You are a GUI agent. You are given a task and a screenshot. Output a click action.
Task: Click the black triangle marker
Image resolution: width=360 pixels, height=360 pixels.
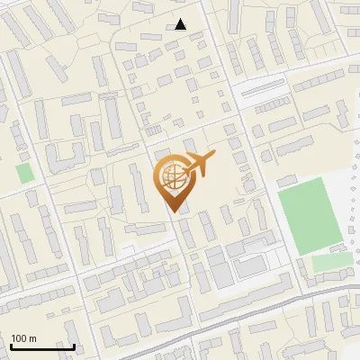pos(181,24)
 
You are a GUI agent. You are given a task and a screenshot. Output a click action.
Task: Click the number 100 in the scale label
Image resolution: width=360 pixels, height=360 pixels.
pos(20,338)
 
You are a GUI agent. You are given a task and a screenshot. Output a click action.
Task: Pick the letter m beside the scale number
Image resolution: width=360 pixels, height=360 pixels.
pos(33,338)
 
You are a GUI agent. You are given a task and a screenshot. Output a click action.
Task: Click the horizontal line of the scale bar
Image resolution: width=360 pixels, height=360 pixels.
pos(42,346)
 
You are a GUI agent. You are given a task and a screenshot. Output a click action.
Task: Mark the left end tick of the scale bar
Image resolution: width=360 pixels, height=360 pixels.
pos(10,345)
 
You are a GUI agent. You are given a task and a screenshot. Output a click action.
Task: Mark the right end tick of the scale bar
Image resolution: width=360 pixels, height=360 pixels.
pos(75,345)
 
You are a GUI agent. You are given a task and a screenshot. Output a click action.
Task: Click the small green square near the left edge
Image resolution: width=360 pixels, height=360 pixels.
pos(24,172)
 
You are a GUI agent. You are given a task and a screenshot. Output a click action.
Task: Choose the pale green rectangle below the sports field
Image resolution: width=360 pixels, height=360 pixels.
pos(332,262)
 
